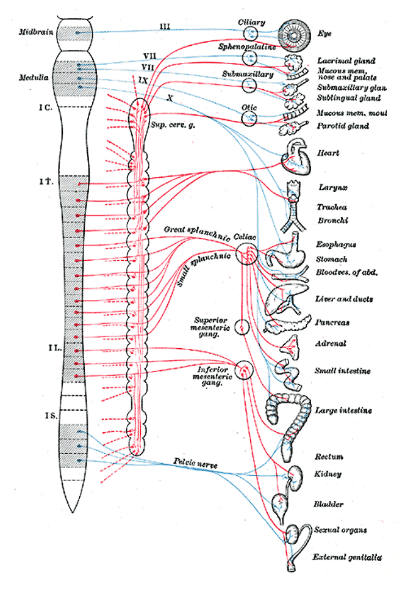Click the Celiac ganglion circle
(x=246, y=254)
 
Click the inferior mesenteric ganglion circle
(x=245, y=370)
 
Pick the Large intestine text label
(x=343, y=411)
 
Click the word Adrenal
(x=331, y=344)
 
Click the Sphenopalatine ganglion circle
(x=251, y=58)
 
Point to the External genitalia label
(x=347, y=557)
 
